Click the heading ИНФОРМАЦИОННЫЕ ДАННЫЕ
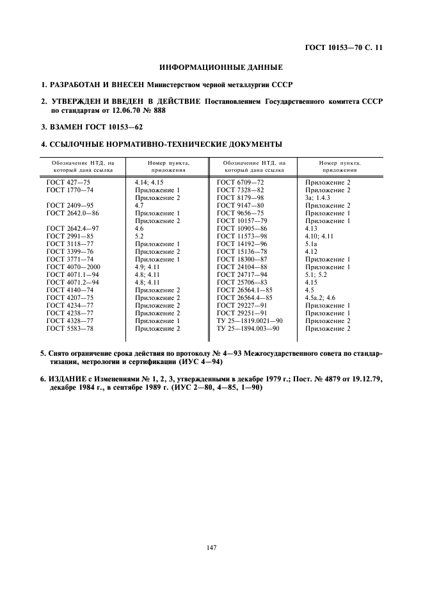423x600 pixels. [x=211, y=67]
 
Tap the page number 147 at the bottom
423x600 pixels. [x=212, y=547]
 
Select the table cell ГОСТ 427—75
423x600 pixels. [x=65, y=183]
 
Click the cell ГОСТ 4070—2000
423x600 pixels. [x=70, y=267]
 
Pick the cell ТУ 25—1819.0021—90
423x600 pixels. [x=250, y=321]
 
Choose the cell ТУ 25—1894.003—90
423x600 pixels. [x=248, y=328]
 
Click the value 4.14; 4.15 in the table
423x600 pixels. [x=149, y=183]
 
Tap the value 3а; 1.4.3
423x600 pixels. [x=317, y=198]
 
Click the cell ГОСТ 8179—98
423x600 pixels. [x=240, y=198]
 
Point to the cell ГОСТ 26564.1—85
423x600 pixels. [x=244, y=290]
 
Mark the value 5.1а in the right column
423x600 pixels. [x=311, y=244]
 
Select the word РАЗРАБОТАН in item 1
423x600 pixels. [x=77, y=85]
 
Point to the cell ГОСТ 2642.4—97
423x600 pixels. [x=69, y=229]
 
